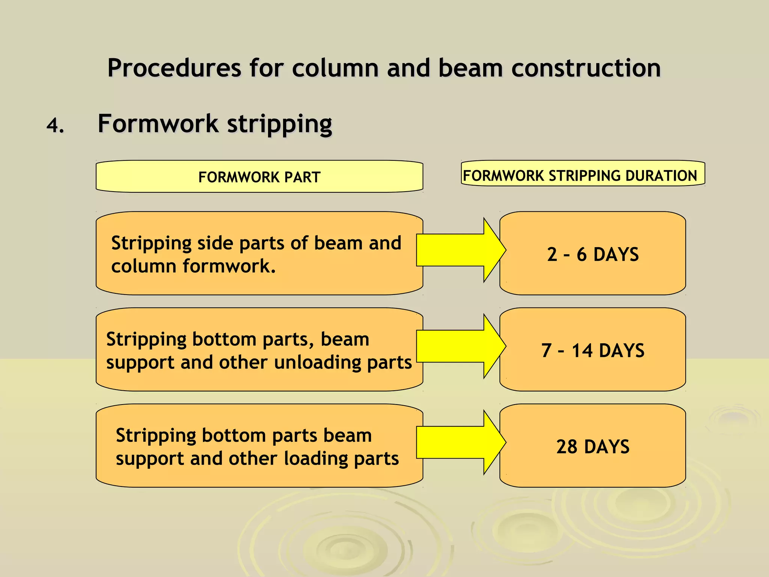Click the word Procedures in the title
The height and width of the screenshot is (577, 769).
coord(174,68)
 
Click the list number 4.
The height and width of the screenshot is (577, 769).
coord(55,125)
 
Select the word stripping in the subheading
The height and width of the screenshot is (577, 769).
coord(280,124)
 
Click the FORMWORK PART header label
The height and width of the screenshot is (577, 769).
coord(259,177)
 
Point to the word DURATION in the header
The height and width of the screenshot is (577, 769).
coord(661,175)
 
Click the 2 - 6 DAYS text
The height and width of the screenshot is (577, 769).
coord(593,254)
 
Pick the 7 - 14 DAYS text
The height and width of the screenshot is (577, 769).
coord(593,350)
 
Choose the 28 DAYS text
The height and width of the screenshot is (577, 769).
coord(593,447)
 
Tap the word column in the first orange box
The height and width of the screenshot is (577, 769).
coord(144,266)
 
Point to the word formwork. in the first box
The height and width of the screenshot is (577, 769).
coord(229,266)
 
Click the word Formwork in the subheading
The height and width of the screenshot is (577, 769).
coord(158,124)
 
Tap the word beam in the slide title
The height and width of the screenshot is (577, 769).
coord(470,68)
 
